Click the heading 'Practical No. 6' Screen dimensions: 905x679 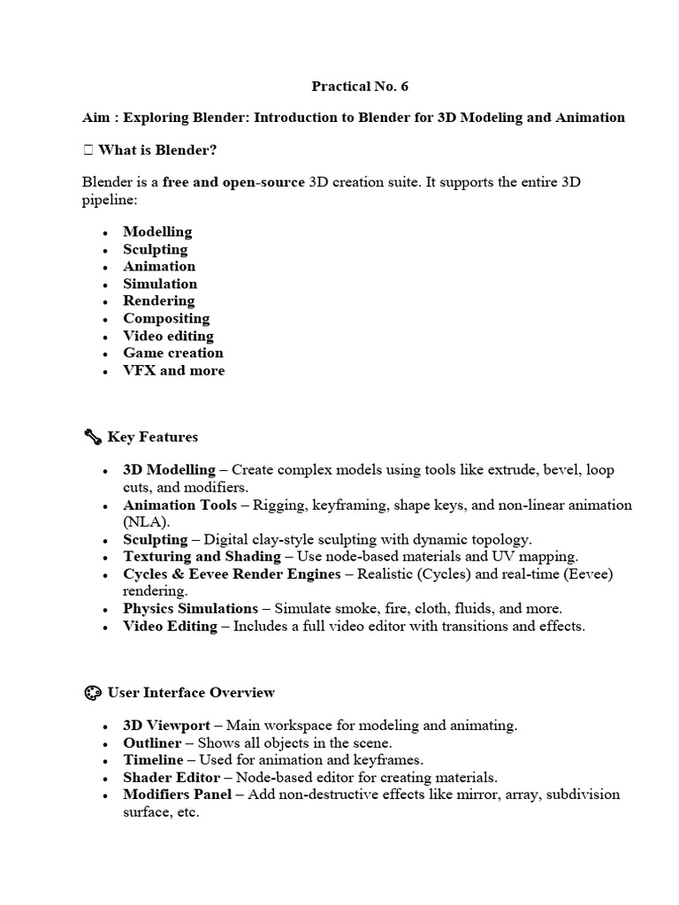tap(360, 87)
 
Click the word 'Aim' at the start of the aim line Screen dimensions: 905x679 tap(95, 118)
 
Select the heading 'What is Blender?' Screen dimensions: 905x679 tap(157, 149)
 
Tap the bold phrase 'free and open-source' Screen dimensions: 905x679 tap(233, 182)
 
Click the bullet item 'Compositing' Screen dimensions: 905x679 tap(166, 318)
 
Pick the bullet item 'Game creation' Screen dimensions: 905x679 tap(173, 353)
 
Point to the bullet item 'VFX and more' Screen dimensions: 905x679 tap(173, 370)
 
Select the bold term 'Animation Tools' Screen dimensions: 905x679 tap(179, 505)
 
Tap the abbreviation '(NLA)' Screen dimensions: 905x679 tap(146, 522)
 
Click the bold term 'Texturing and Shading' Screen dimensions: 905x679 tap(202, 557)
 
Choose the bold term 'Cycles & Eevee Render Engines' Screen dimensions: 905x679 tap(232, 574)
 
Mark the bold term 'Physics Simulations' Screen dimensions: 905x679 tap(190, 608)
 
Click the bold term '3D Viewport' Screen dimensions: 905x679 tap(166, 726)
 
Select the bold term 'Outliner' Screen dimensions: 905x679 tap(152, 743)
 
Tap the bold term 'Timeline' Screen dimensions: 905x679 tap(153, 760)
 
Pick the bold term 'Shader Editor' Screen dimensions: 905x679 tap(172, 778)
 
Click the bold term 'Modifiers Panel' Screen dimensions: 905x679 tap(177, 795)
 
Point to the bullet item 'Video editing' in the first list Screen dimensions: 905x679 tap(168, 336)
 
